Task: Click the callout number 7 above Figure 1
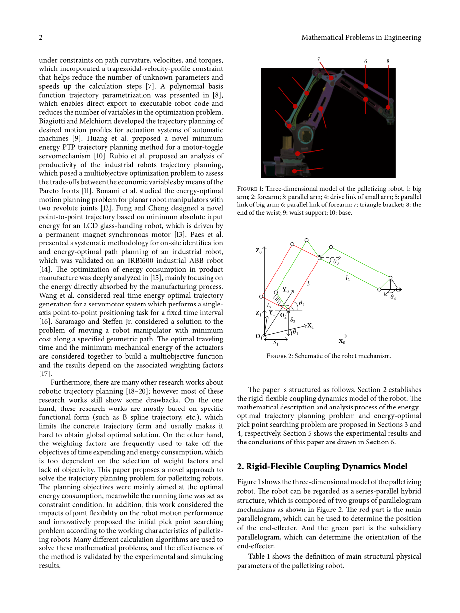(319, 59)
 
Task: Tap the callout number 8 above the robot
(388, 62)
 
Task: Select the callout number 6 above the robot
(366, 61)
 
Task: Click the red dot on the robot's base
(295, 171)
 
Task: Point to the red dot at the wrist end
(388, 107)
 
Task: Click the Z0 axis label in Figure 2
(258, 251)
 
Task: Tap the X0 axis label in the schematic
(342, 341)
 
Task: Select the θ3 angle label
(336, 262)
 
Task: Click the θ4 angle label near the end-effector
(393, 298)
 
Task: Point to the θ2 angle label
(302, 304)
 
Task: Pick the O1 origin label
(258, 336)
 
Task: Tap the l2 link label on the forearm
(348, 278)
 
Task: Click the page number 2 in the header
(41, 37)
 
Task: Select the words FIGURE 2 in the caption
(279, 356)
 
